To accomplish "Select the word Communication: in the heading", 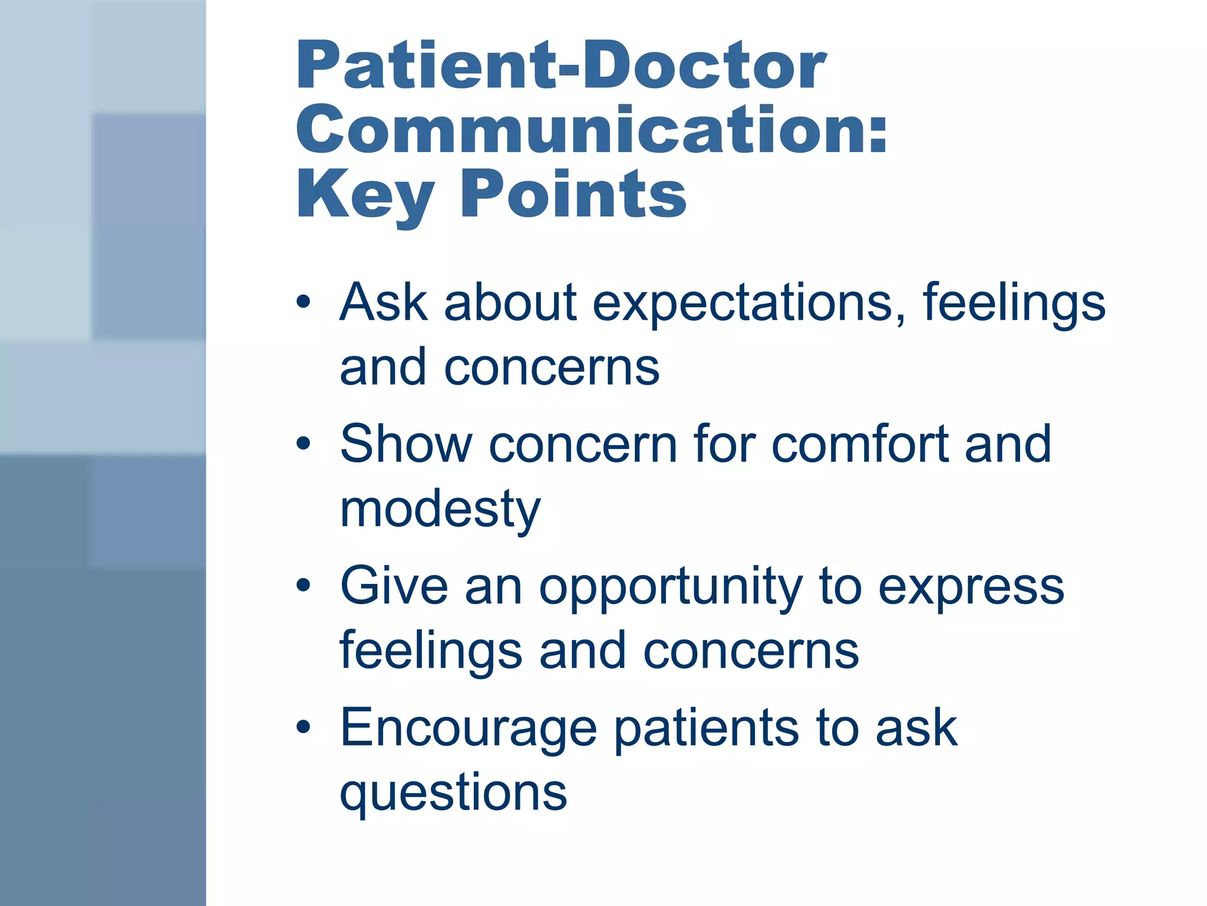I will click(591, 130).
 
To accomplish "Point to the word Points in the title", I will click(573, 193).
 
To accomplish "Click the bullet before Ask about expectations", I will click(303, 303).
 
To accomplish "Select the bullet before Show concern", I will click(303, 444).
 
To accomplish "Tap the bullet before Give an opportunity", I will click(303, 586).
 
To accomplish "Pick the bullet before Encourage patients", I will click(303, 727).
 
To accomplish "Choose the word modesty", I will click(440, 510).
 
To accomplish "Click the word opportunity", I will click(671, 588).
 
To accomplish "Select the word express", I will click(971, 588).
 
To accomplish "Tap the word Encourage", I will click(469, 730).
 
